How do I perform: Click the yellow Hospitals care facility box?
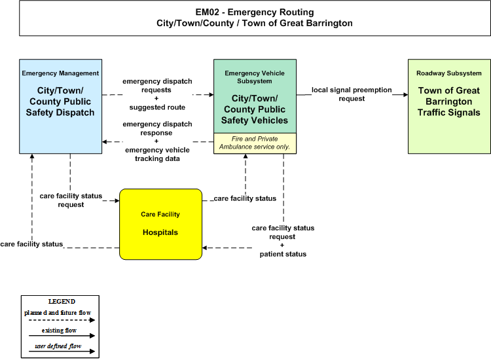point(160,224)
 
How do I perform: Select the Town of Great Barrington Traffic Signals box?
point(449,107)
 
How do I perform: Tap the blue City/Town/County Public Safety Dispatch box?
point(60,107)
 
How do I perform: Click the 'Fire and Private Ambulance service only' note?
point(255,143)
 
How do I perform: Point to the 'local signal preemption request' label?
point(352,94)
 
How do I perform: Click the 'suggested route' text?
point(157,107)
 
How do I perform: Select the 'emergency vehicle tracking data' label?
point(157,154)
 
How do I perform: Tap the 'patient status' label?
point(283,254)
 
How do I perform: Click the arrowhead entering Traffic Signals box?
point(405,94)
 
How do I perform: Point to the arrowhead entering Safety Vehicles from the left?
point(211,94)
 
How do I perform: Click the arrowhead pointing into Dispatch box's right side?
point(105,142)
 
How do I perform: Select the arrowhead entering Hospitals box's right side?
point(204,248)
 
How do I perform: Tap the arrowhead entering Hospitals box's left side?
point(117,201)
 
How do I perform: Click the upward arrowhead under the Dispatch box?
point(32,156)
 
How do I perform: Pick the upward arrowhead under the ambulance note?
point(245,156)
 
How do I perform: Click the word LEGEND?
point(62,302)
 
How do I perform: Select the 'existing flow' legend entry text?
point(59,331)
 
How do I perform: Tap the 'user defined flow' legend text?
point(58,346)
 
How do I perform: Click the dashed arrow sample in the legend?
point(62,320)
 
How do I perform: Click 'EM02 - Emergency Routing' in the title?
point(255,12)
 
